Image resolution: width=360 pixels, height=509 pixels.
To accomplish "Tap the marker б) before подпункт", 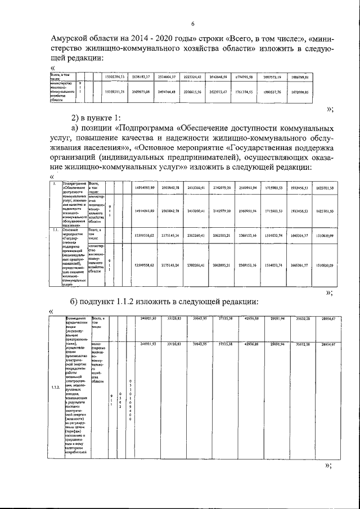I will point(76,301).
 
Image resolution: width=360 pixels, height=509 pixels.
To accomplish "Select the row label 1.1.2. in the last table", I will point(56,388).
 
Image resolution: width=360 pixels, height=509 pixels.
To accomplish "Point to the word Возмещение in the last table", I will point(76,318).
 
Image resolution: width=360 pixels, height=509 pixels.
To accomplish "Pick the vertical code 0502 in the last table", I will point(120,399).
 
